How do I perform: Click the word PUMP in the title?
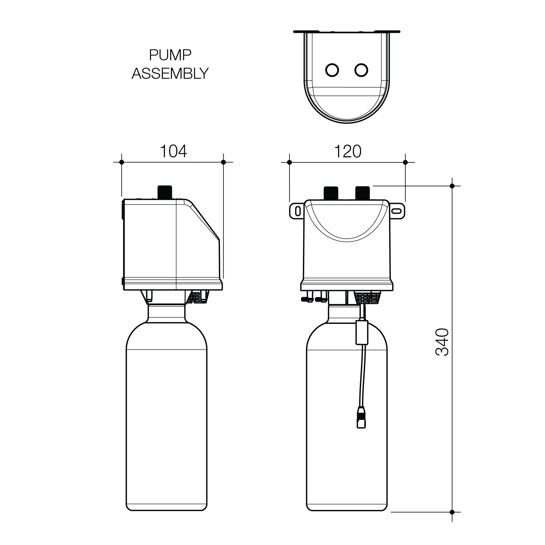coord(170,56)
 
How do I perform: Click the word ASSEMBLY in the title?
coord(170,74)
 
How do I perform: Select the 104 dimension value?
coord(173,151)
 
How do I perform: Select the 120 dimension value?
coord(348,151)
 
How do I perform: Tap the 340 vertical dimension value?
coord(442,342)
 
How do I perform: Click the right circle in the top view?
coord(361,70)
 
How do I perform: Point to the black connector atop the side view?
coord(164,192)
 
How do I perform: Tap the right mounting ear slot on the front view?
coord(396,211)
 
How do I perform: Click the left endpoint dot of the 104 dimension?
coord(121,162)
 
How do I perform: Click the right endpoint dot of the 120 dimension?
coord(405,162)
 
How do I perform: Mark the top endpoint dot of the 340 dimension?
coord(452,186)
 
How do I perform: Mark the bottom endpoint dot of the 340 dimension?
coord(452,512)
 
